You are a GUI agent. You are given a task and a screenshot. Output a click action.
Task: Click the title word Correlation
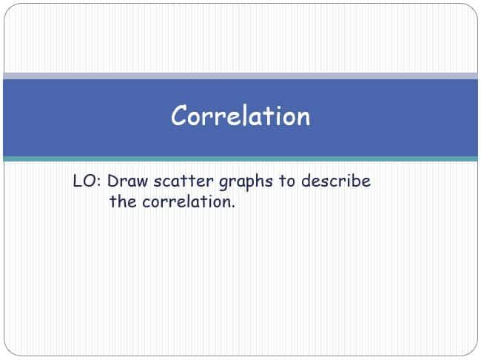click(x=240, y=116)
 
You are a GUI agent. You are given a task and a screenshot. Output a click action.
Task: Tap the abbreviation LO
click(x=84, y=181)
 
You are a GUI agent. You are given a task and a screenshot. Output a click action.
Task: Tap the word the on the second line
click(x=123, y=201)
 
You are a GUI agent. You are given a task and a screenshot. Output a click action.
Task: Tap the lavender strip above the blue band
click(x=240, y=76)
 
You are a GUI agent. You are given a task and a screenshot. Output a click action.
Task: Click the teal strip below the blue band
click(x=240, y=159)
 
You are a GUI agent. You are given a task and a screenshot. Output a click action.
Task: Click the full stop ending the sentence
click(x=232, y=206)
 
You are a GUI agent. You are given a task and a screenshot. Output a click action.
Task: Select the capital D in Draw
click(x=114, y=181)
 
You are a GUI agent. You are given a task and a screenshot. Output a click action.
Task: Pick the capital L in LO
click(x=77, y=181)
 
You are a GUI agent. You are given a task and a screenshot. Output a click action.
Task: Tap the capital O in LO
click(x=89, y=181)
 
